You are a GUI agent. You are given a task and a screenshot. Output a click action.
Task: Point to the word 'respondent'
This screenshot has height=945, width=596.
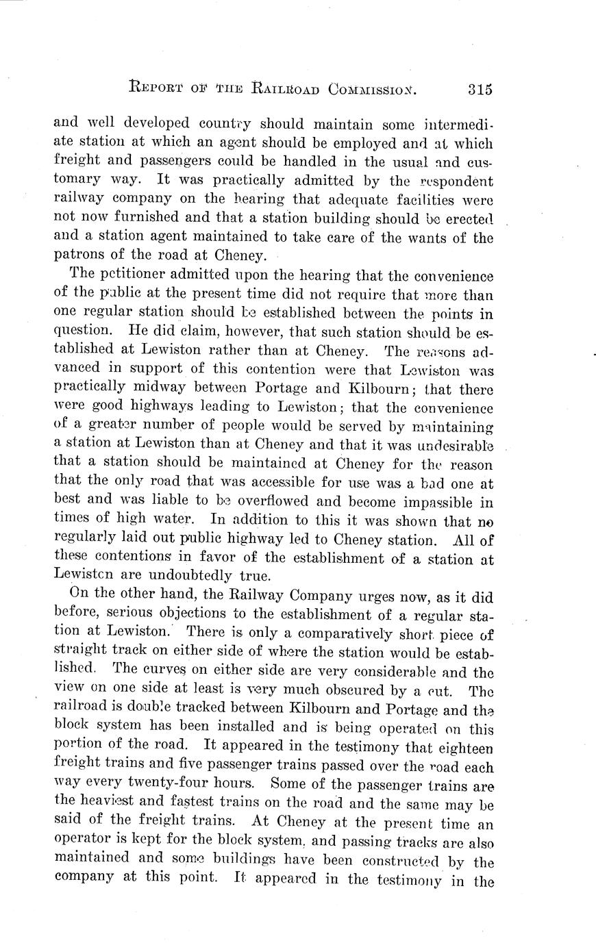click(457, 181)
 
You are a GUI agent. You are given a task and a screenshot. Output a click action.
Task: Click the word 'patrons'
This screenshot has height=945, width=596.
click(77, 257)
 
